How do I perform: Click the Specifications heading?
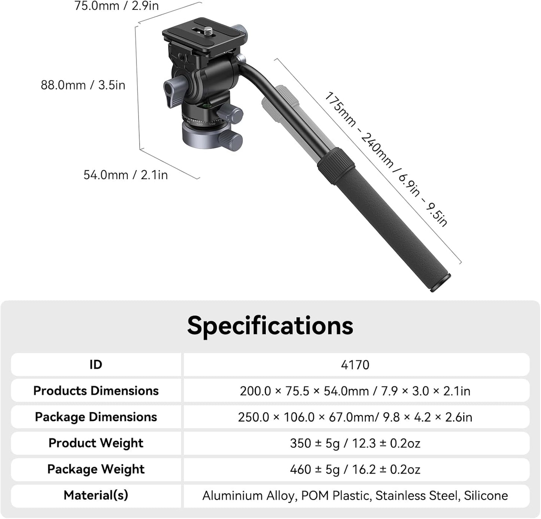[x=270, y=326]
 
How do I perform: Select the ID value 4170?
[x=355, y=365]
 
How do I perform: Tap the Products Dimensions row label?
[x=96, y=391]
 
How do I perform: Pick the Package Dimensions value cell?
[x=355, y=417]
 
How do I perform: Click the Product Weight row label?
[x=96, y=443]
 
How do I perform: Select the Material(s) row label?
[x=96, y=495]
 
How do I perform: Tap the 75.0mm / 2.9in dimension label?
[x=116, y=6]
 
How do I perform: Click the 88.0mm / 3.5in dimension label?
[x=83, y=85]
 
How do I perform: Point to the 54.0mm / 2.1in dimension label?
[x=125, y=175]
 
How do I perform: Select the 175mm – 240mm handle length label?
[x=386, y=159]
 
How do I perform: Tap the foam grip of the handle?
[x=397, y=225]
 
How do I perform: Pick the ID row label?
[x=96, y=365]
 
